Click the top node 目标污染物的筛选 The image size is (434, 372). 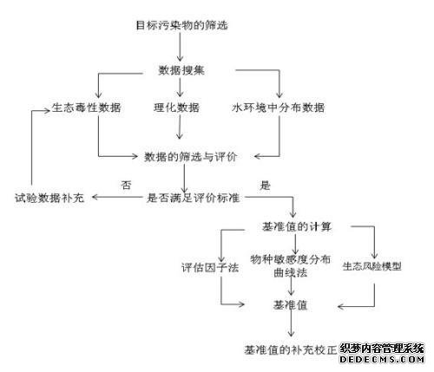pyautogui.click(x=182, y=25)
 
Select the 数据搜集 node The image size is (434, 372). pyautogui.click(x=181, y=70)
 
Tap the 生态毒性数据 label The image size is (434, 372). pyautogui.click(x=86, y=108)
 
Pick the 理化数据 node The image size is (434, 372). pyautogui.click(x=176, y=108)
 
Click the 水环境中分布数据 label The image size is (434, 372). pyautogui.click(x=278, y=108)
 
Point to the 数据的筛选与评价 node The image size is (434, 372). pyautogui.click(x=191, y=157)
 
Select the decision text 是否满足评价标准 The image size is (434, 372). pyautogui.click(x=193, y=198)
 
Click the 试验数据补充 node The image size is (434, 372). pyautogui.click(x=49, y=198)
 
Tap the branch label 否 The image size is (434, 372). pyautogui.click(x=126, y=185)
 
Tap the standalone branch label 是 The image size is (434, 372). pyautogui.click(x=265, y=185)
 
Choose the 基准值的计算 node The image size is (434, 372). pyautogui.click(x=297, y=226)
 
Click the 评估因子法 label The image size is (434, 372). pyautogui.click(x=210, y=267)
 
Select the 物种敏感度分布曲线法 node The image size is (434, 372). pyautogui.click(x=290, y=265)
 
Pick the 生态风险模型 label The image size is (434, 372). pyautogui.click(x=372, y=266)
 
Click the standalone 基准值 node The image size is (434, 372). pyautogui.click(x=290, y=305)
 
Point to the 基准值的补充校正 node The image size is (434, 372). pyautogui.click(x=291, y=350)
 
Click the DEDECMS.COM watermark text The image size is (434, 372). pyautogui.click(x=382, y=359)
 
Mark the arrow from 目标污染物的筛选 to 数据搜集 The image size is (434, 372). pyautogui.click(x=180, y=46)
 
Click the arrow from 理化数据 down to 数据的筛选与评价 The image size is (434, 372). pyautogui.click(x=180, y=127)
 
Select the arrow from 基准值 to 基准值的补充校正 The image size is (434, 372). pyautogui.click(x=291, y=323)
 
